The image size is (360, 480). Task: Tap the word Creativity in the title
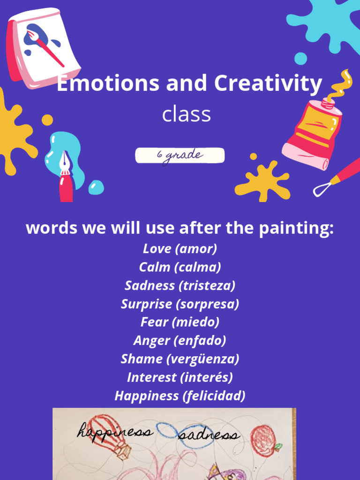268,84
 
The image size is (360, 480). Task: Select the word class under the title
186,114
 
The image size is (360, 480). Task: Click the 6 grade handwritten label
180,156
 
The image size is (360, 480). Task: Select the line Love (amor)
180,249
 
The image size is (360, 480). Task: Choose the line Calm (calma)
180,267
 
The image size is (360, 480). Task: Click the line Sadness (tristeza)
180,285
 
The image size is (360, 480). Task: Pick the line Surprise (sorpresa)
180,304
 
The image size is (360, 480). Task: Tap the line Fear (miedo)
180,322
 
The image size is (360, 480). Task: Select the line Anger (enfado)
180,340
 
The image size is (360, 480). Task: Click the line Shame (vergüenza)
180,359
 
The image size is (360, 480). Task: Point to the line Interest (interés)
180,377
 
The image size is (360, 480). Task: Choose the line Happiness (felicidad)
180,396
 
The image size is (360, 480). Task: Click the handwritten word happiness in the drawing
115,431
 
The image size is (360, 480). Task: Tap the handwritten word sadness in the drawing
209,435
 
